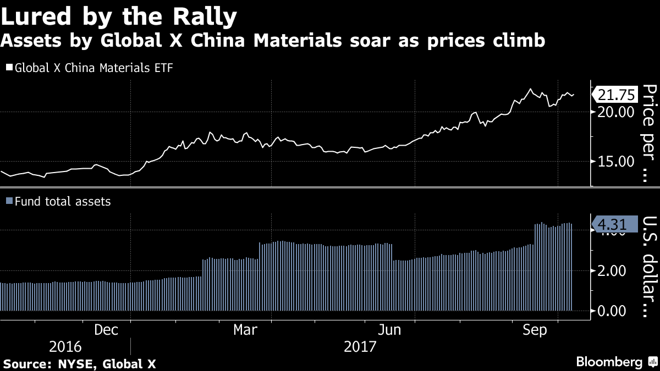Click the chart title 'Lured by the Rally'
coord(119,16)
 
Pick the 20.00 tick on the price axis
coord(613,112)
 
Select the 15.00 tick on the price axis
coord(613,162)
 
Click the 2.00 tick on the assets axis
coord(613,271)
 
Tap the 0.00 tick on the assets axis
coord(613,311)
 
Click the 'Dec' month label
coord(106,330)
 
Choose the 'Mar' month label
coord(245,330)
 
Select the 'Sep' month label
coord(534,330)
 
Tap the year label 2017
coord(360,347)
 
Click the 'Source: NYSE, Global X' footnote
coord(80,363)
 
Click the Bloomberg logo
coord(615,362)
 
